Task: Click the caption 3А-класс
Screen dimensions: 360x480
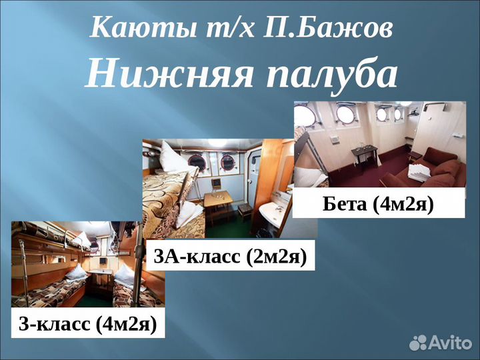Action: click(196, 256)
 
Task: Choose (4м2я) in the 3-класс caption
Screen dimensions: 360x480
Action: click(126, 324)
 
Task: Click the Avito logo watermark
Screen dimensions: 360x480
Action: click(440, 342)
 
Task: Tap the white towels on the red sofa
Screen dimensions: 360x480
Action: click(421, 173)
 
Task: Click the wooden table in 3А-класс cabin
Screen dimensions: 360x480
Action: click(219, 199)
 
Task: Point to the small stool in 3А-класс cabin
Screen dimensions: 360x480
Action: click(245, 209)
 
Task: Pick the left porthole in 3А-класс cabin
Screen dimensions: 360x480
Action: click(197, 161)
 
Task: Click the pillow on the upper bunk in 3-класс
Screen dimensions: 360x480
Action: click(81, 239)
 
